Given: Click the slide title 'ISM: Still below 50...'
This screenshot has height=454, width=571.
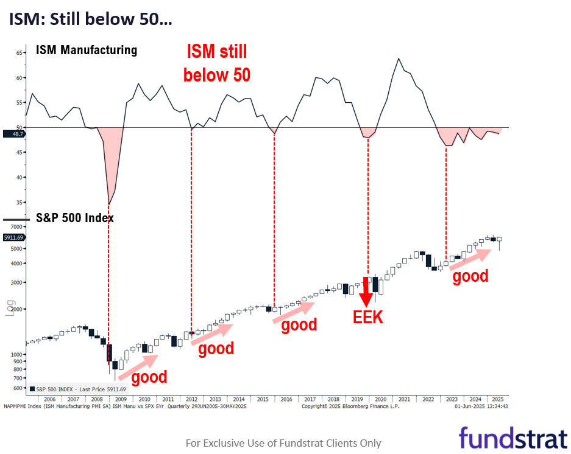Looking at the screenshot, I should [90, 19].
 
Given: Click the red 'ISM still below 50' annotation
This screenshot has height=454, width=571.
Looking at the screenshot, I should [216, 63].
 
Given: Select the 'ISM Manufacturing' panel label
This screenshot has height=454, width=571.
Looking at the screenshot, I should [86, 50].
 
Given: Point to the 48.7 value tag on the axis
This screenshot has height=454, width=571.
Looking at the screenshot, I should [13, 134].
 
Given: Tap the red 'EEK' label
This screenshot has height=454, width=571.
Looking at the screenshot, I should [368, 317].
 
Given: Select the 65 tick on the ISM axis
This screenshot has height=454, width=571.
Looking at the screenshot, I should [19, 53].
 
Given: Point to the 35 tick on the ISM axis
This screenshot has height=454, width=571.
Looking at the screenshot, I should [19, 203].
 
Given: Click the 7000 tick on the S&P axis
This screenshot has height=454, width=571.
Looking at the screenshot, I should [17, 226].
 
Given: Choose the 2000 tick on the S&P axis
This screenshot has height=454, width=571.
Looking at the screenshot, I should [17, 309].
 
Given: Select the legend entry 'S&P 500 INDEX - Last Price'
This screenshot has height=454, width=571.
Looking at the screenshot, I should [77, 389].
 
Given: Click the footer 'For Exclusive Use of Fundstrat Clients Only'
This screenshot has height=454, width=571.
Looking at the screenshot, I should [283, 443].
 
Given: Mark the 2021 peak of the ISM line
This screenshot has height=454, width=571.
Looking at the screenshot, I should [399, 58].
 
